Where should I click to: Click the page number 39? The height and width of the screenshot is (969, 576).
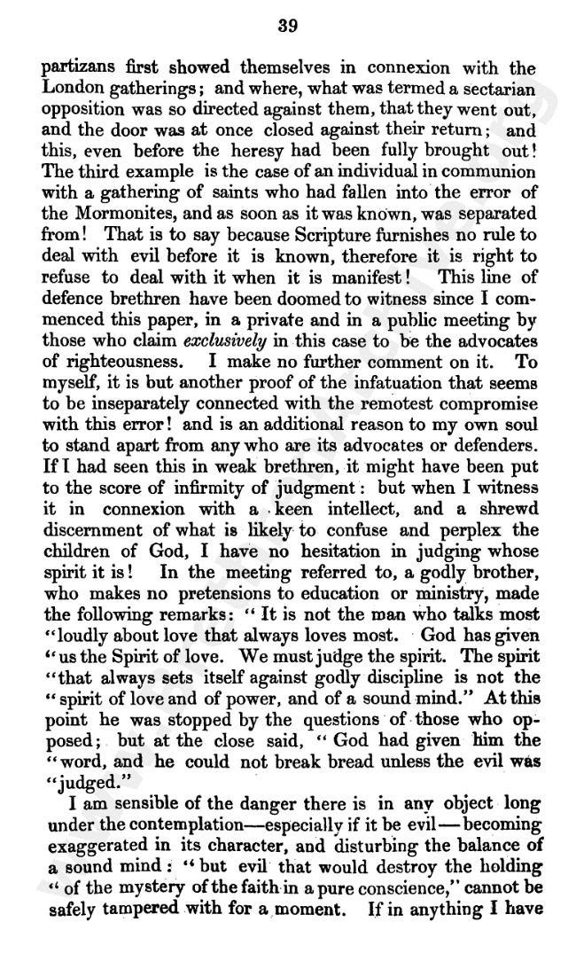(x=288, y=27)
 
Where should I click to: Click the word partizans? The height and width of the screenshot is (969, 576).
(x=73, y=68)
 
